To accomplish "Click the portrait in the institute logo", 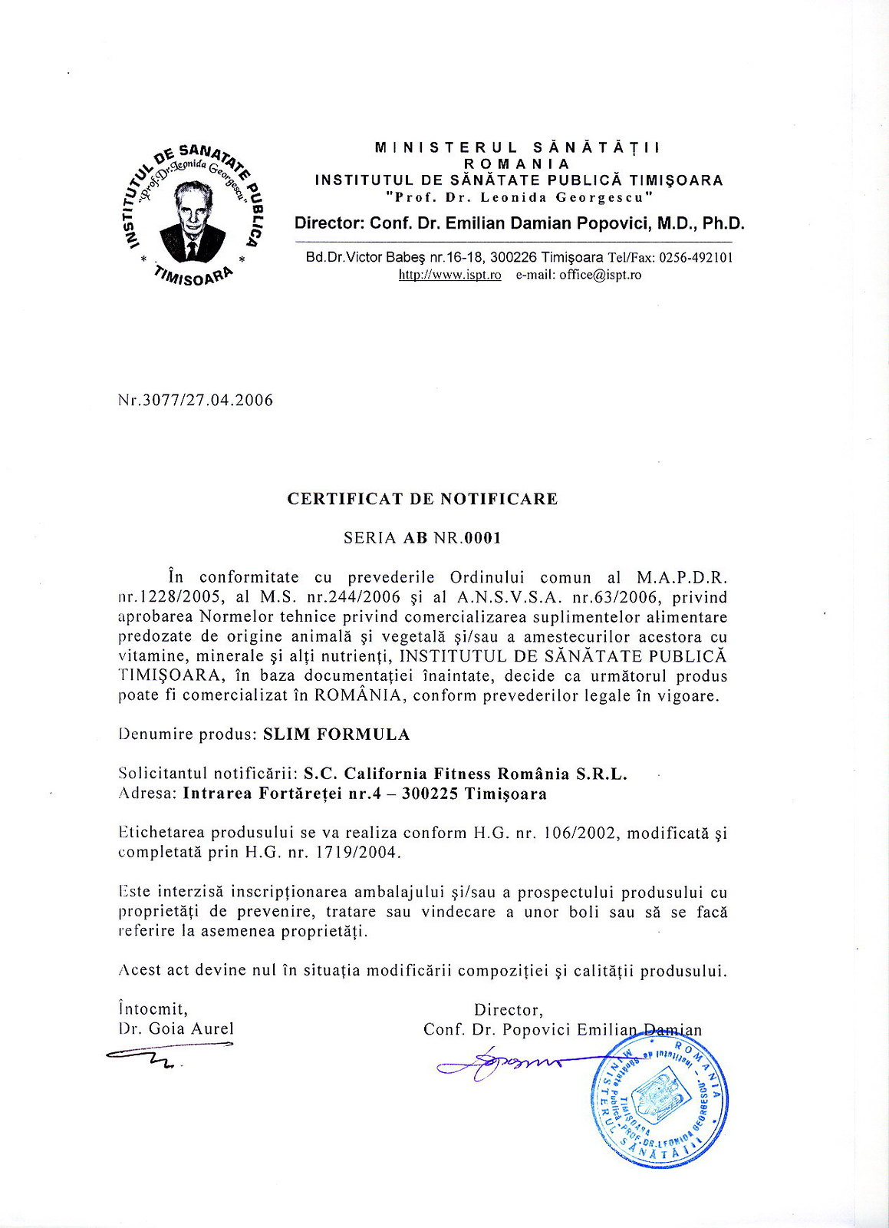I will coord(193,222).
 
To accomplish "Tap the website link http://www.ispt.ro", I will coord(449,275).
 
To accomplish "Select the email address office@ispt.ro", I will coord(600,275).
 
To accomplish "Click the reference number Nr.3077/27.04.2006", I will coord(196,401).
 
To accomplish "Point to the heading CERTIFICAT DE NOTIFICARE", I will coord(422,499).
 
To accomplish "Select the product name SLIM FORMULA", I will coord(336,734).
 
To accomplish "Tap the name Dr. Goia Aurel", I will coord(176,1029).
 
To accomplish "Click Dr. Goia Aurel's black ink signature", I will coord(165,1056).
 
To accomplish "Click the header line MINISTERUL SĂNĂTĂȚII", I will coord(518,147).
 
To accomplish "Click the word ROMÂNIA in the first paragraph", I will coord(357,696).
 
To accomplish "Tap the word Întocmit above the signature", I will coord(153,1009).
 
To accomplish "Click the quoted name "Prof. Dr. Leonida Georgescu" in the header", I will coord(519,197).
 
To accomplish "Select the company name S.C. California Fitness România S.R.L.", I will coord(466,774).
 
